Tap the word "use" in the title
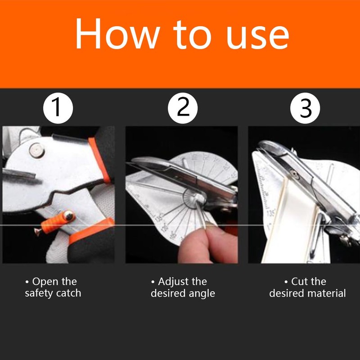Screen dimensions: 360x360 pos(257,35)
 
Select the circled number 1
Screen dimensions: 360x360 pos(58,108)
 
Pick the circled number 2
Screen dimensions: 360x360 pos(183,108)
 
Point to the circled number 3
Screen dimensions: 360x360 pos(306,108)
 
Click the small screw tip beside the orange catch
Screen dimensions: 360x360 pos(37,231)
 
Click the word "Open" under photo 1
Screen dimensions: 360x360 pos(45,282)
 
